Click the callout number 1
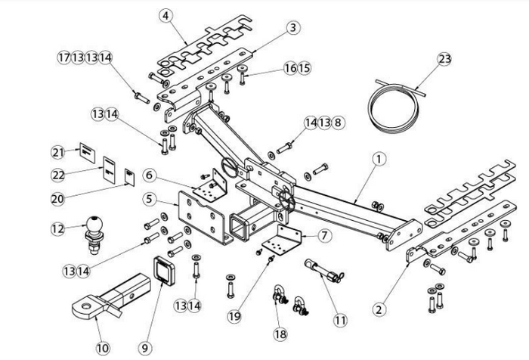tap(379, 159)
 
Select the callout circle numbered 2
tap(380, 308)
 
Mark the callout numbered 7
tap(323, 235)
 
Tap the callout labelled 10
tap(102, 348)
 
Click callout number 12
tap(57, 227)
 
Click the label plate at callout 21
tap(87, 152)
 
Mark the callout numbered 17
tap(64, 57)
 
